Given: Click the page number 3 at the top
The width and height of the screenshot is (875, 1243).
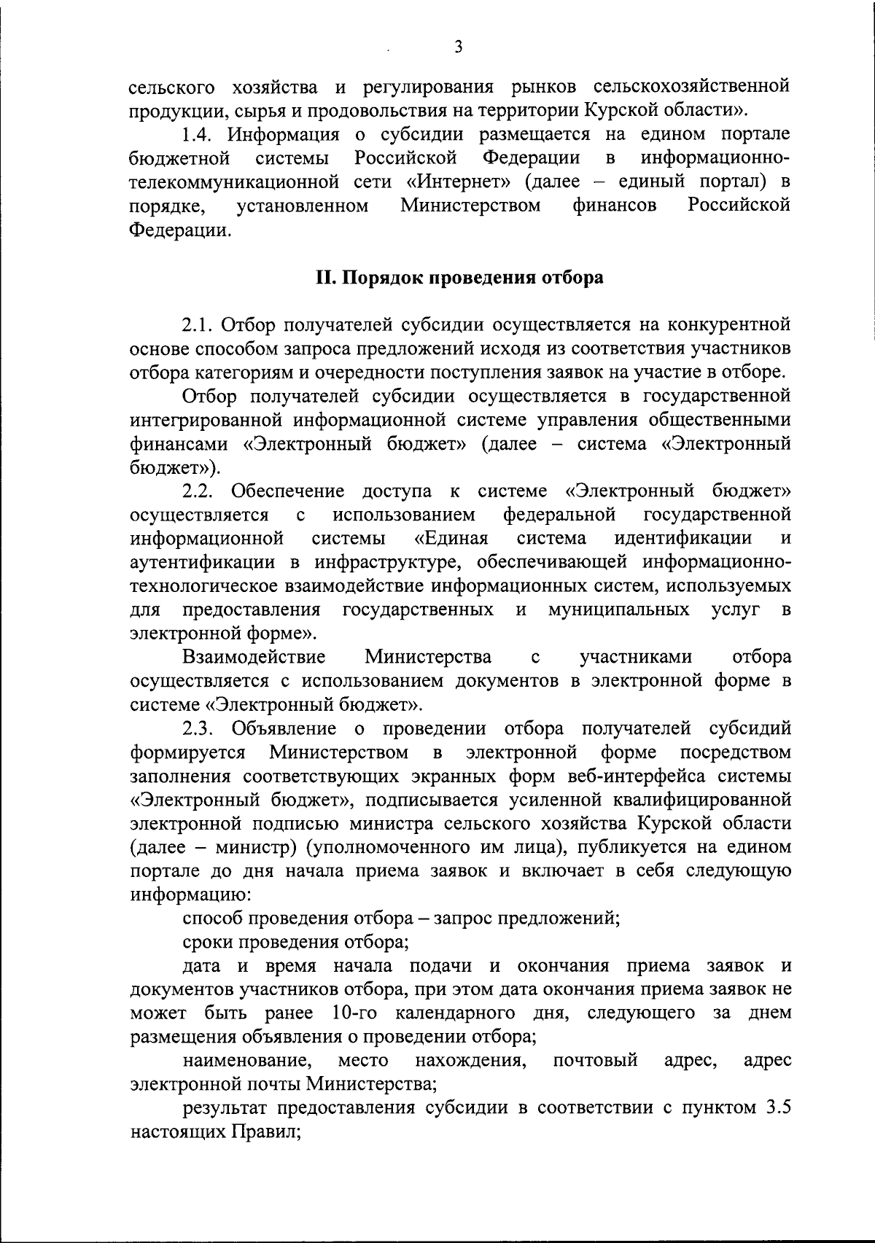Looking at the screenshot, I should (458, 47).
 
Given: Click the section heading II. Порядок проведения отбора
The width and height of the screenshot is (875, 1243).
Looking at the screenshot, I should (459, 278).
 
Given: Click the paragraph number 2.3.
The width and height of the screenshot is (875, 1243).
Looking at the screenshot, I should (198, 728).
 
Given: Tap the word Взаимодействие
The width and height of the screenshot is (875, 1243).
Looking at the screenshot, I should (254, 657).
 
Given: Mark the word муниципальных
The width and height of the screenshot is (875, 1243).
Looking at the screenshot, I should (618, 609).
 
